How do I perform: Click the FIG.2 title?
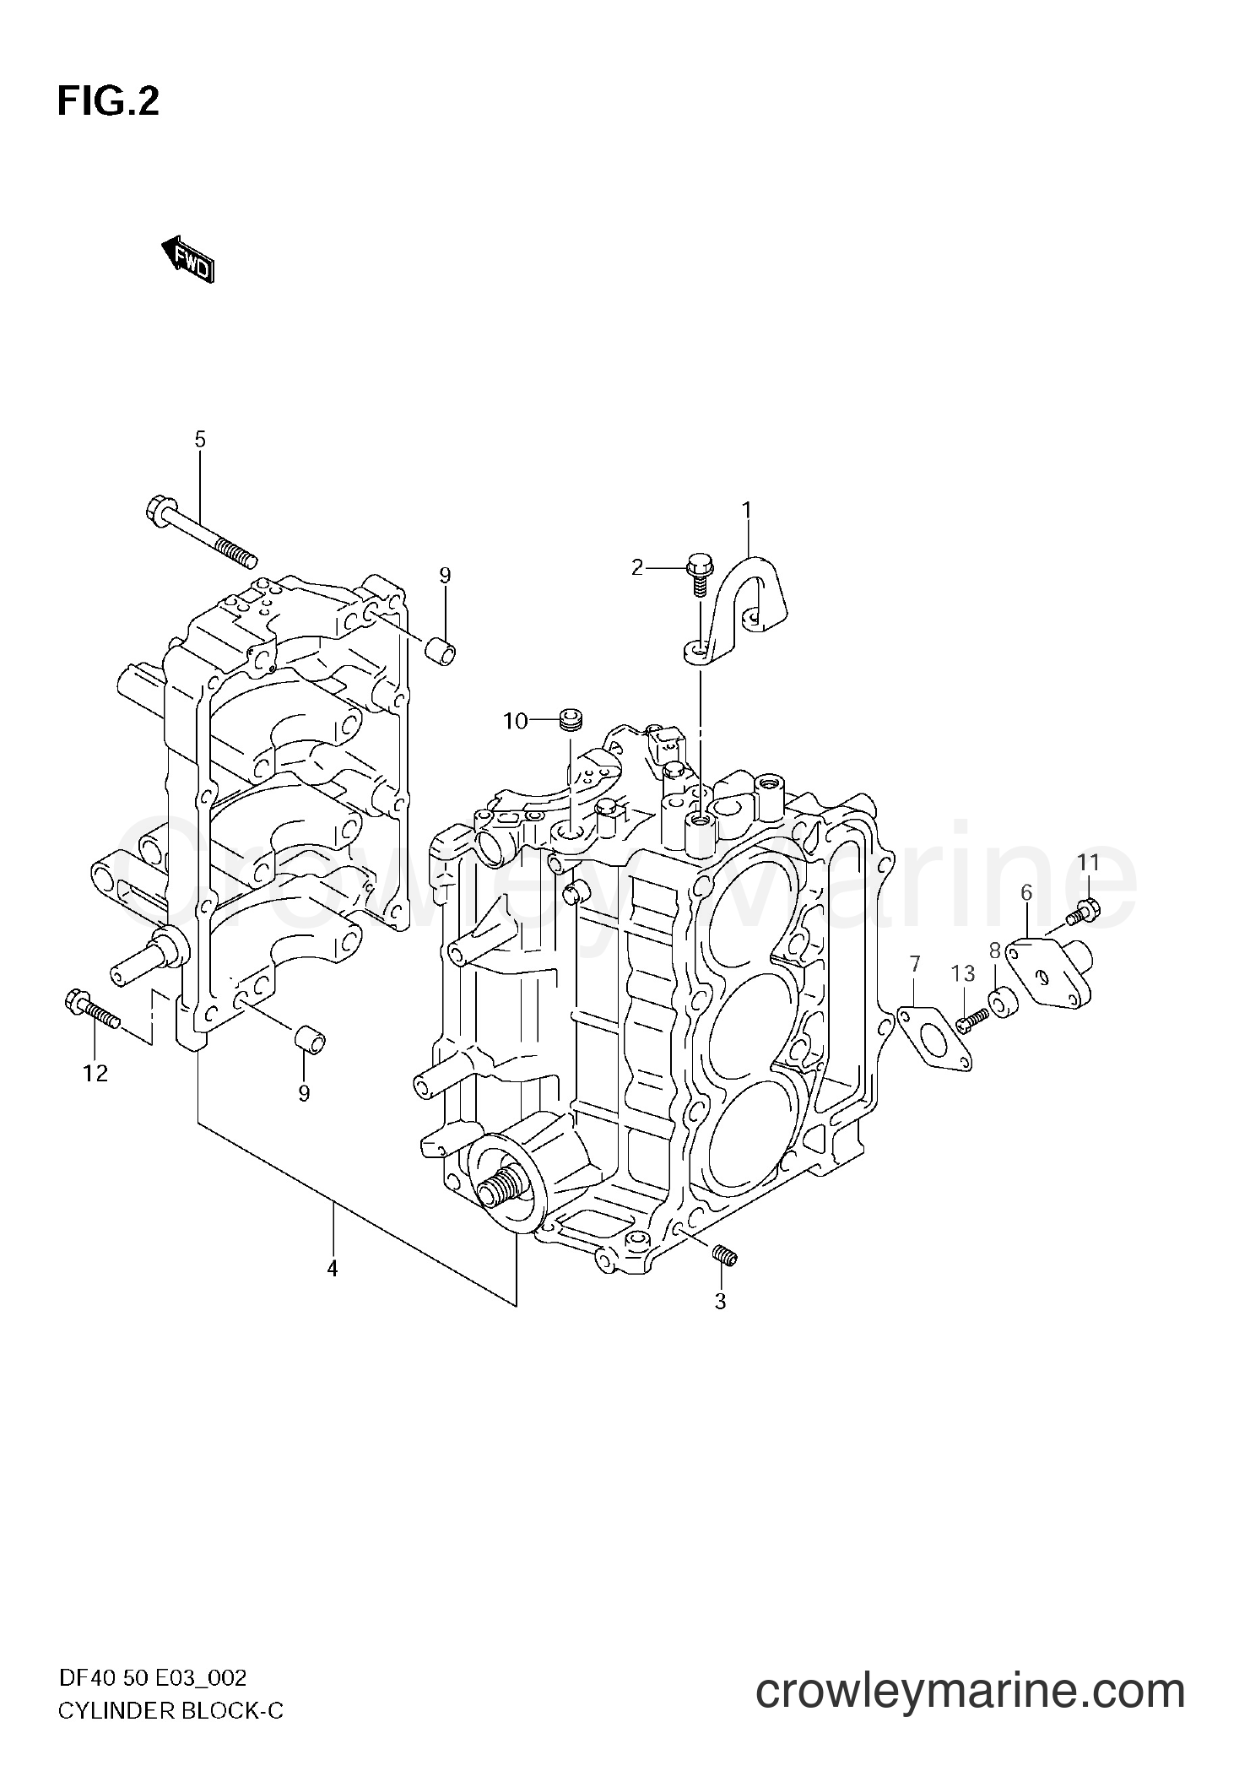point(108,102)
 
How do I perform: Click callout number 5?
point(200,439)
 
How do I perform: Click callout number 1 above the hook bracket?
point(746,509)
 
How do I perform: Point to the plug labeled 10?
point(571,721)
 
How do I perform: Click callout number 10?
point(515,721)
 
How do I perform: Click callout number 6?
point(1026,892)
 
